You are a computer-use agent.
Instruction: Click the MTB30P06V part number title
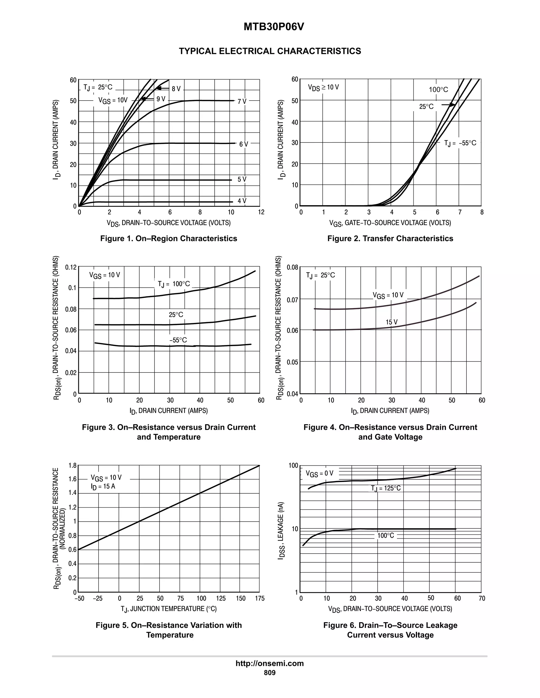273,27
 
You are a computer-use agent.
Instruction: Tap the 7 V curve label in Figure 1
242,101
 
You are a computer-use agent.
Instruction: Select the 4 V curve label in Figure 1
242,201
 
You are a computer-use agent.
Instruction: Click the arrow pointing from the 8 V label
162,88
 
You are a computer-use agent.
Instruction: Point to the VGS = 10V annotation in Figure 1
113,100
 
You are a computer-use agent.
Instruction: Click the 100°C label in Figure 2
438,90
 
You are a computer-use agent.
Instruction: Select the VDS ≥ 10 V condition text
323,87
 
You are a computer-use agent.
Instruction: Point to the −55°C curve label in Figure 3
178,340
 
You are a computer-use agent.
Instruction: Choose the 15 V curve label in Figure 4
392,322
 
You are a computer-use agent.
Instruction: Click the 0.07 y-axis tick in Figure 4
292,300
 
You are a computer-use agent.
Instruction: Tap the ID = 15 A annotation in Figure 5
103,486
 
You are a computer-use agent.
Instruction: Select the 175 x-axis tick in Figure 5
259,598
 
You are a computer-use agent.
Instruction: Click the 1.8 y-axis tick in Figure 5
73,466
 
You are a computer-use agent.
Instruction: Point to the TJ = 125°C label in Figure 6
385,488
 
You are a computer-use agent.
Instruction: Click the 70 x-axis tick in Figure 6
482,598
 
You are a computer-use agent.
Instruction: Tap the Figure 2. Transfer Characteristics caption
390,238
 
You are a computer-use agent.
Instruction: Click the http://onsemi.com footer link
269,663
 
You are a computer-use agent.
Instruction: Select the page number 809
269,673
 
